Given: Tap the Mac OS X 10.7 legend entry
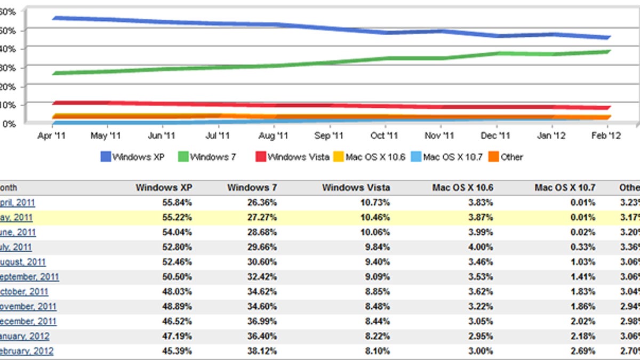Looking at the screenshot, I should click(x=446, y=157).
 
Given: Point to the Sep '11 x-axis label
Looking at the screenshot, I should click(x=329, y=136).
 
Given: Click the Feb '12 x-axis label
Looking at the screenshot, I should click(x=606, y=136).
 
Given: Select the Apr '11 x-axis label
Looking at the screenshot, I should click(x=52, y=136).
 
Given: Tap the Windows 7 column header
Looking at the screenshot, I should click(x=252, y=188).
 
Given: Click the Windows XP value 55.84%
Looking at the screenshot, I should click(x=178, y=203).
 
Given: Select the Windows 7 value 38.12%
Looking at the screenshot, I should click(x=263, y=351).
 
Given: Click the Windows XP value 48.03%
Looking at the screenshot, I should click(x=178, y=292).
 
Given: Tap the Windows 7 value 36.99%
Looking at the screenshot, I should click(x=263, y=321).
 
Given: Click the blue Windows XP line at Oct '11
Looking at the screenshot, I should click(x=385, y=33).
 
